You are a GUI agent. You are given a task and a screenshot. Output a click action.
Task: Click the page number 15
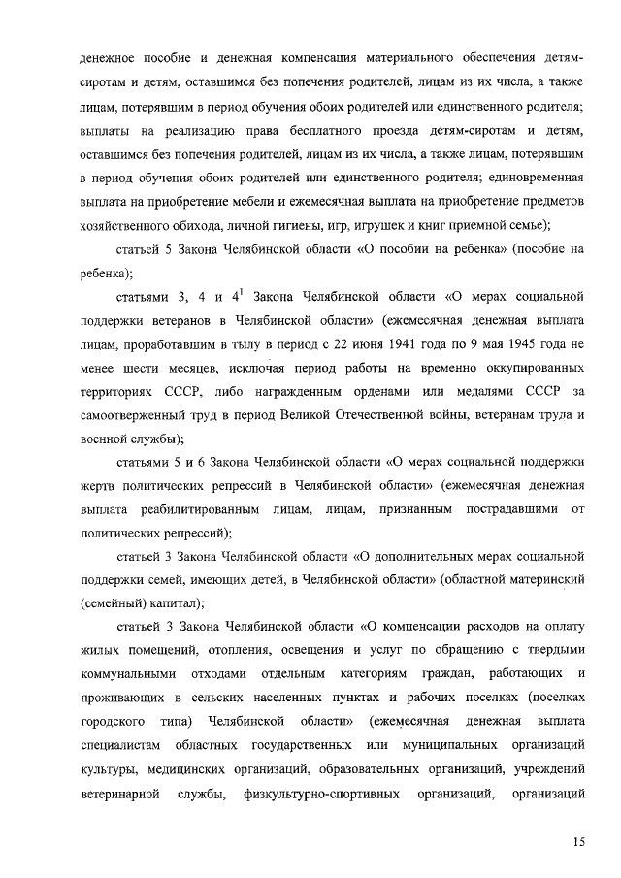[578, 841]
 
